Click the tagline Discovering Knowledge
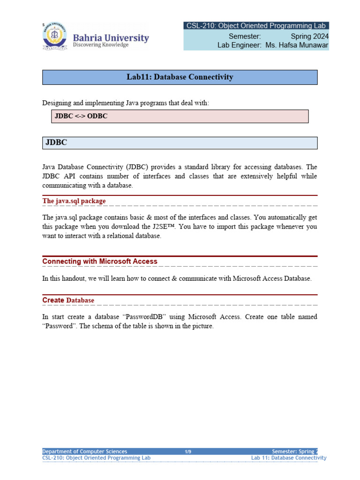click(x=100, y=45)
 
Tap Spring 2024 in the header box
click(x=309, y=36)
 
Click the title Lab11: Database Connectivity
click(x=180, y=77)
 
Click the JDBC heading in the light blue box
click(x=56, y=143)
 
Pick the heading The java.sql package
click(x=74, y=201)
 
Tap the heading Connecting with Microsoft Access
click(x=100, y=261)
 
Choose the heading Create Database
click(x=68, y=300)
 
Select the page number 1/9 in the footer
click(x=187, y=451)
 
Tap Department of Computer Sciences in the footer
click(x=85, y=451)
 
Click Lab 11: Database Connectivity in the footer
click(x=289, y=458)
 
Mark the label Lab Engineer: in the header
click(x=239, y=45)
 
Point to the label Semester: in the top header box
click(x=245, y=36)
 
